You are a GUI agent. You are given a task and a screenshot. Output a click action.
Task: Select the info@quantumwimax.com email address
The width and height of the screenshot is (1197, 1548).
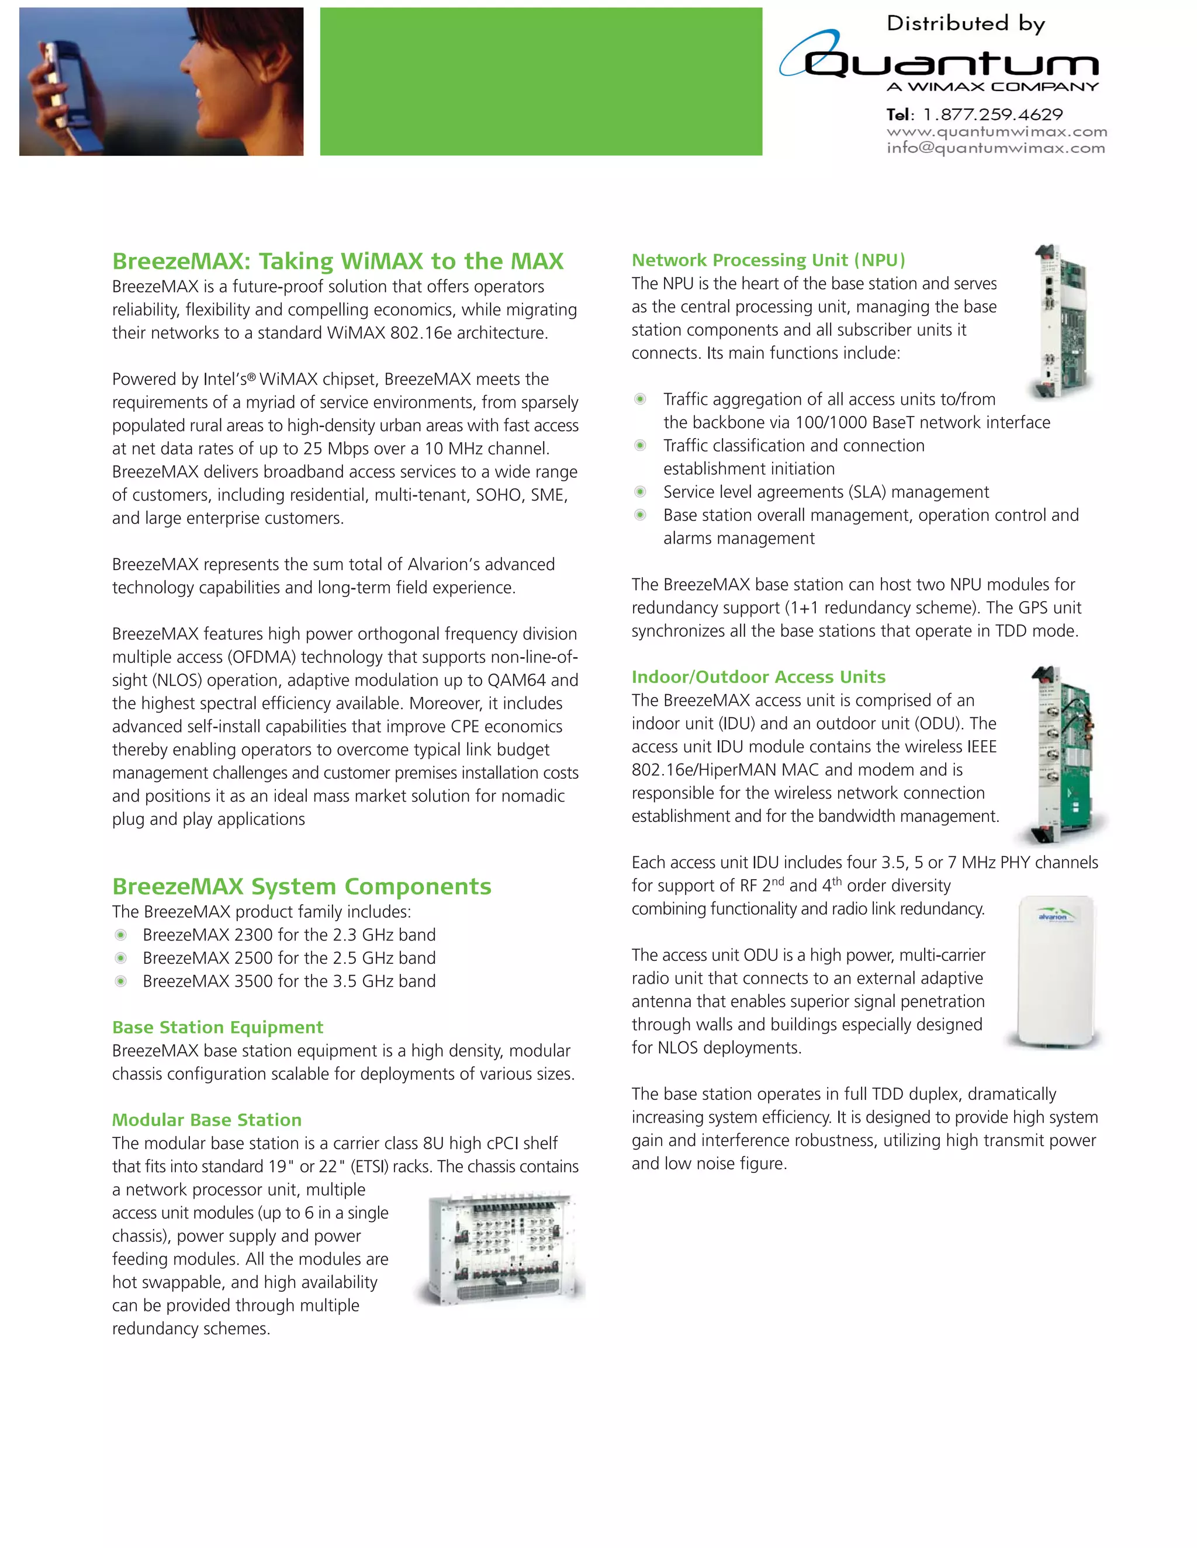coord(995,148)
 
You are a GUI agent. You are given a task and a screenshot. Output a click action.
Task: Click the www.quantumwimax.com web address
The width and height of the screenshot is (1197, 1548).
coord(997,132)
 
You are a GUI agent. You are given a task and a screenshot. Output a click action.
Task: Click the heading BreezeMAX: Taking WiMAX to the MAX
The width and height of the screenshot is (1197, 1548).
coord(338,261)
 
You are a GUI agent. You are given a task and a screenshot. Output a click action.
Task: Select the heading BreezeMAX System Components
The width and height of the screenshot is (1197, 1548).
coord(302,886)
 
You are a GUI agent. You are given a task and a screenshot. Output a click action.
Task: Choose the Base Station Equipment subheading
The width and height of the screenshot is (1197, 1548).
coord(217,1027)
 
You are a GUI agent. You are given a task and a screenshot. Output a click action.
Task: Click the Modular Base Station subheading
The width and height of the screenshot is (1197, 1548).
coord(206,1120)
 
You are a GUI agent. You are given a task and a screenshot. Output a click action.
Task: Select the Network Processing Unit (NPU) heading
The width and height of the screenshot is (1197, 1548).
coord(768,260)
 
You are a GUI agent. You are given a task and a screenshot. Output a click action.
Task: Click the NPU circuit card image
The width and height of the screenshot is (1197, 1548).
coord(1060,322)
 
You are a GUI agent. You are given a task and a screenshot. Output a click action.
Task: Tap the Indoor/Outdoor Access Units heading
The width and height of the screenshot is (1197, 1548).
coord(758,677)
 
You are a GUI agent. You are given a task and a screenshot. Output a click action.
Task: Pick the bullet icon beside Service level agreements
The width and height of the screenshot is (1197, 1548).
coord(639,492)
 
